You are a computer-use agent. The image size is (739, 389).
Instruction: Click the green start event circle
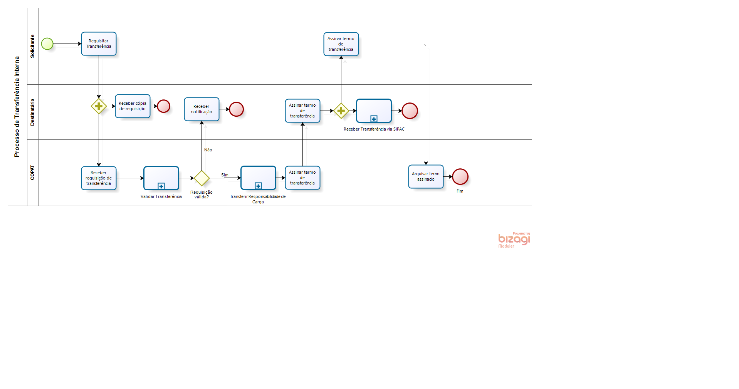pos(47,44)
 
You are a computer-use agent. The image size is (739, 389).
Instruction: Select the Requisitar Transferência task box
pos(99,44)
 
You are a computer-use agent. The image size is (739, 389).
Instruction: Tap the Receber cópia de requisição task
pos(133,106)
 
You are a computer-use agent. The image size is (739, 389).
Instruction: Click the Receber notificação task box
pos(202,109)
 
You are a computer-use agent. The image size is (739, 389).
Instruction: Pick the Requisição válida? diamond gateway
pos(202,178)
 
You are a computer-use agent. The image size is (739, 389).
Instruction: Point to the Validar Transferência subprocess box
pos(161,178)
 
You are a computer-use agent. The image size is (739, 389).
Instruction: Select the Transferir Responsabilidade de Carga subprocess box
pos(258,178)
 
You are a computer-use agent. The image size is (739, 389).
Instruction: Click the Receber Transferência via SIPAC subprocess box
pos(374,111)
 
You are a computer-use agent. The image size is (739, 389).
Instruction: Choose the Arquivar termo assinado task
pos(426,177)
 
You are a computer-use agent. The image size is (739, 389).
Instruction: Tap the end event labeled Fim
pos(460,177)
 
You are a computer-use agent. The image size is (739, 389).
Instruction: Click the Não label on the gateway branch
pos(208,150)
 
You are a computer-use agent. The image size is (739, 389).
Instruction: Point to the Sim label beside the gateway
pos(225,175)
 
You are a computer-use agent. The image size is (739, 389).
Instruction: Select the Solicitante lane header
pos(32,46)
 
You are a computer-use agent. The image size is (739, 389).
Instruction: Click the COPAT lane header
pos(32,173)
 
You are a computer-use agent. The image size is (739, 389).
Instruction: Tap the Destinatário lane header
pos(32,112)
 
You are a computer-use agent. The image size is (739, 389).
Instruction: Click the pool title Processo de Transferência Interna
pos(17,107)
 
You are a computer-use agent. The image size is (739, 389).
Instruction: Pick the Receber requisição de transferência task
pos(99,178)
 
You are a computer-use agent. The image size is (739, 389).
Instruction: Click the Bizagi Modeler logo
pos(514,240)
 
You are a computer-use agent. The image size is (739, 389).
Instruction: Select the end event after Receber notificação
pos(236,109)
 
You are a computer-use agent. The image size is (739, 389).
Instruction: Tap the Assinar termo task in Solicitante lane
pos(341,44)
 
